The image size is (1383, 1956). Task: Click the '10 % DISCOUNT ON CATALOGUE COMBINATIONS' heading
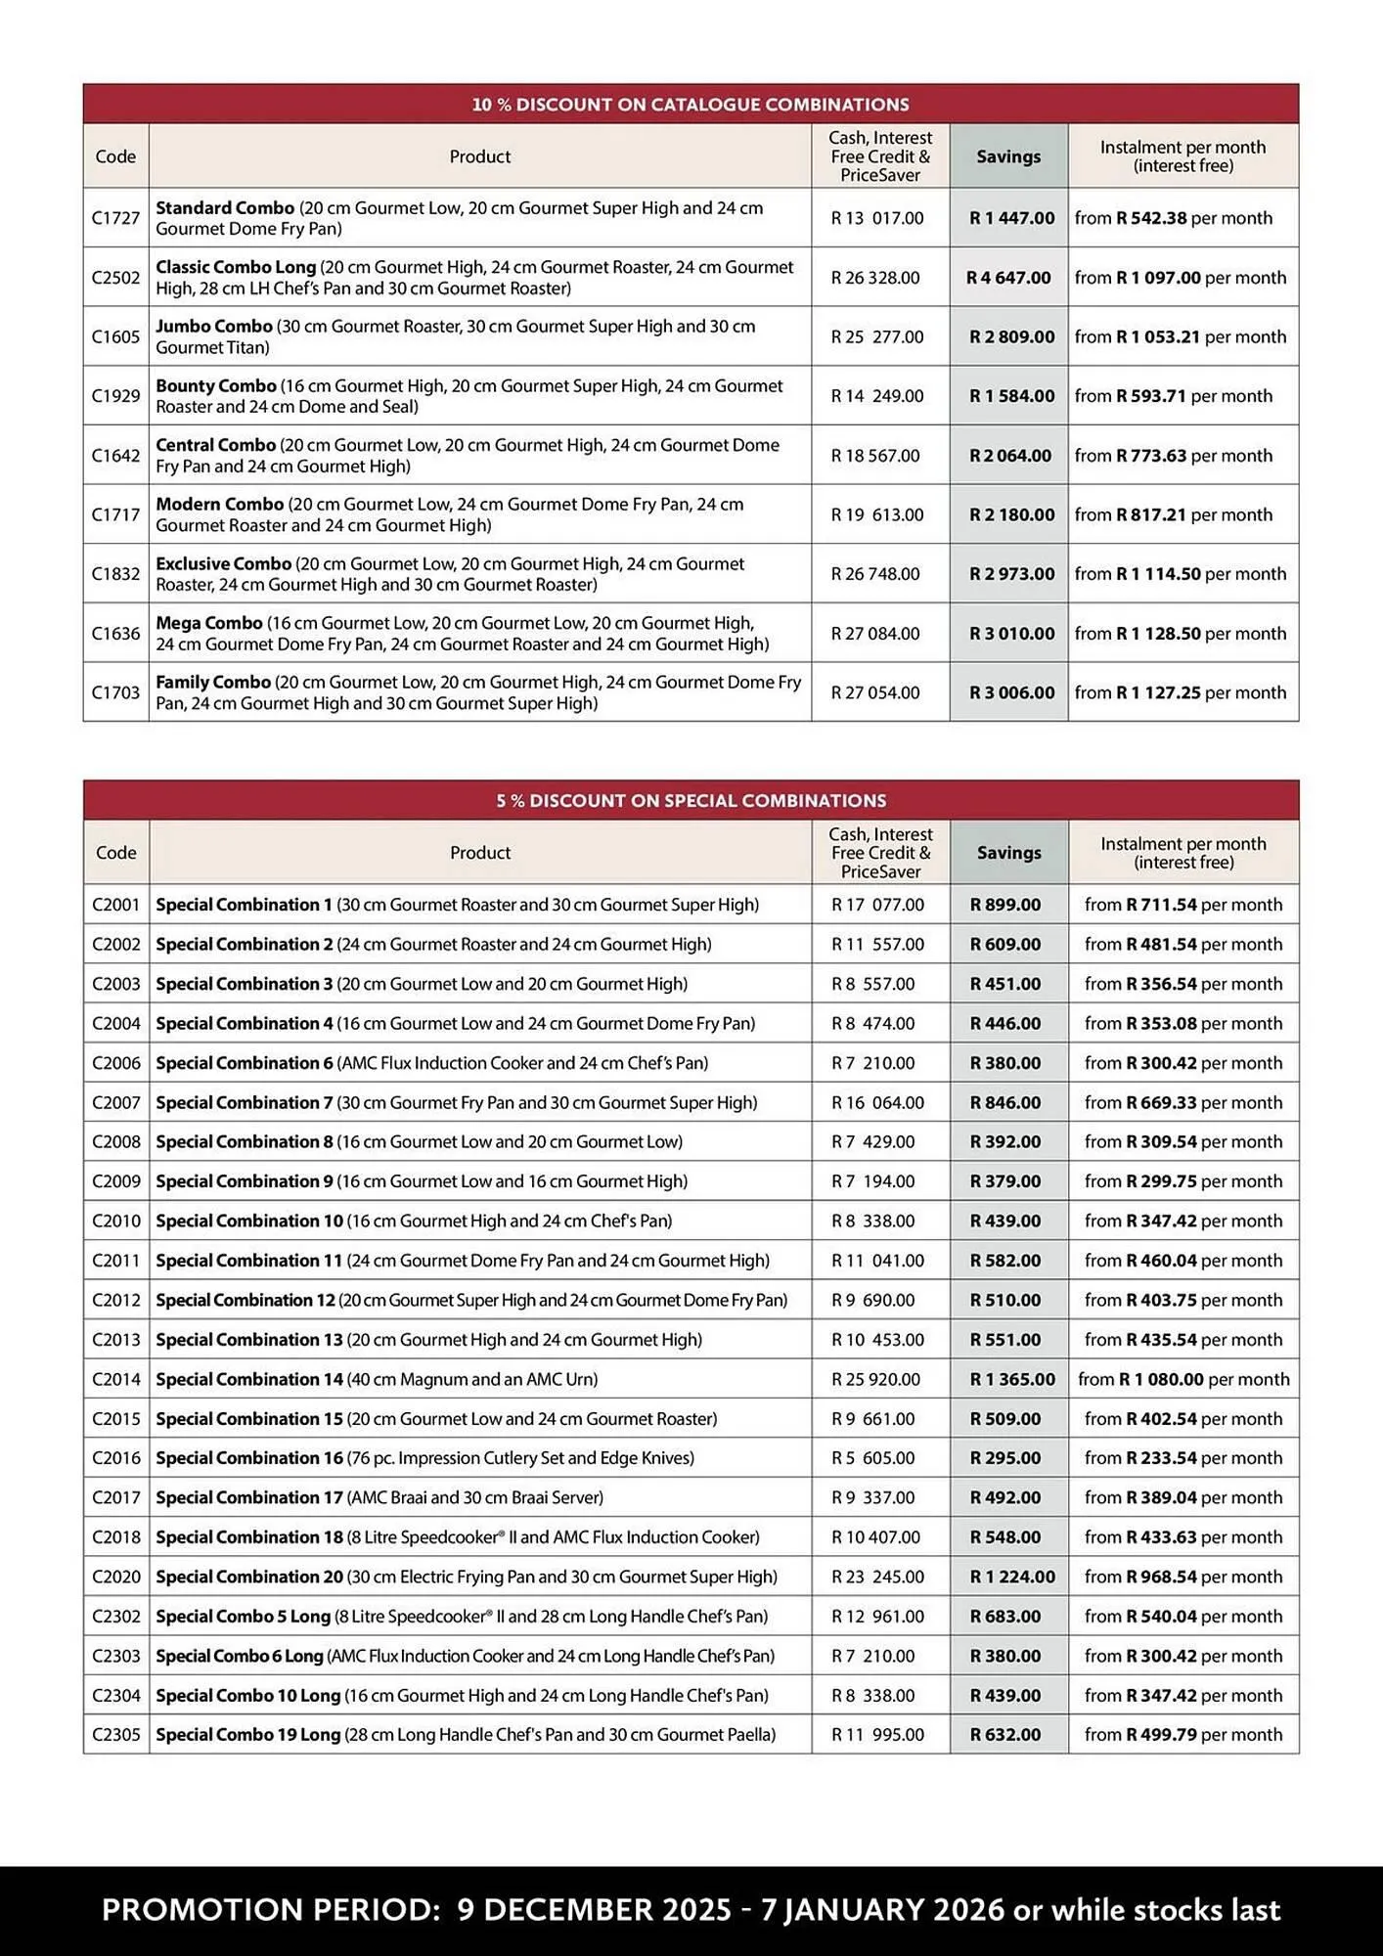pos(691,104)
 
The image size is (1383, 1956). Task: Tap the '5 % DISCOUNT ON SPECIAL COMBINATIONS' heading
pos(691,800)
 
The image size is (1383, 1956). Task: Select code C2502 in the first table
pos(115,278)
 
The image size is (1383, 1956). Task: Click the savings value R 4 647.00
pos(1008,278)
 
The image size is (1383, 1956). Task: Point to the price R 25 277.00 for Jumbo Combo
pos(877,337)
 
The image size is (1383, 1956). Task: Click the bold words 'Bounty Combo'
pos(216,386)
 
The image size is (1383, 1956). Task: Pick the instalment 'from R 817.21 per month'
pos(1174,514)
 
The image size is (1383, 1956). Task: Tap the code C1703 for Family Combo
pos(115,692)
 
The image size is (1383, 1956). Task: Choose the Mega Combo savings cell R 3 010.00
pos(1011,634)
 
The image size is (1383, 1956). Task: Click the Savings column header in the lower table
pos(1008,853)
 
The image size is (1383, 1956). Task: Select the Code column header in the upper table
pos(115,156)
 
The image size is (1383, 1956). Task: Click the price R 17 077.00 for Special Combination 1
pos(877,905)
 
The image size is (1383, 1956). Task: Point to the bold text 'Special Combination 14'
pos(248,1379)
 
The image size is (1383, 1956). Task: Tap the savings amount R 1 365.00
pos(1012,1379)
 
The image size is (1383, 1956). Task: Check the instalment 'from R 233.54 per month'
pos(1182,1458)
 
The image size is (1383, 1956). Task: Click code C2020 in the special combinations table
pos(115,1577)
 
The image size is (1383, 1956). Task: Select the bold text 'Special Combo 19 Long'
pos(247,1735)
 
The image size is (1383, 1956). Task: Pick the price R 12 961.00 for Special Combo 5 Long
pos(877,1617)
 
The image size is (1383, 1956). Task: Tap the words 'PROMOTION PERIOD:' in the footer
pos(271,1910)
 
